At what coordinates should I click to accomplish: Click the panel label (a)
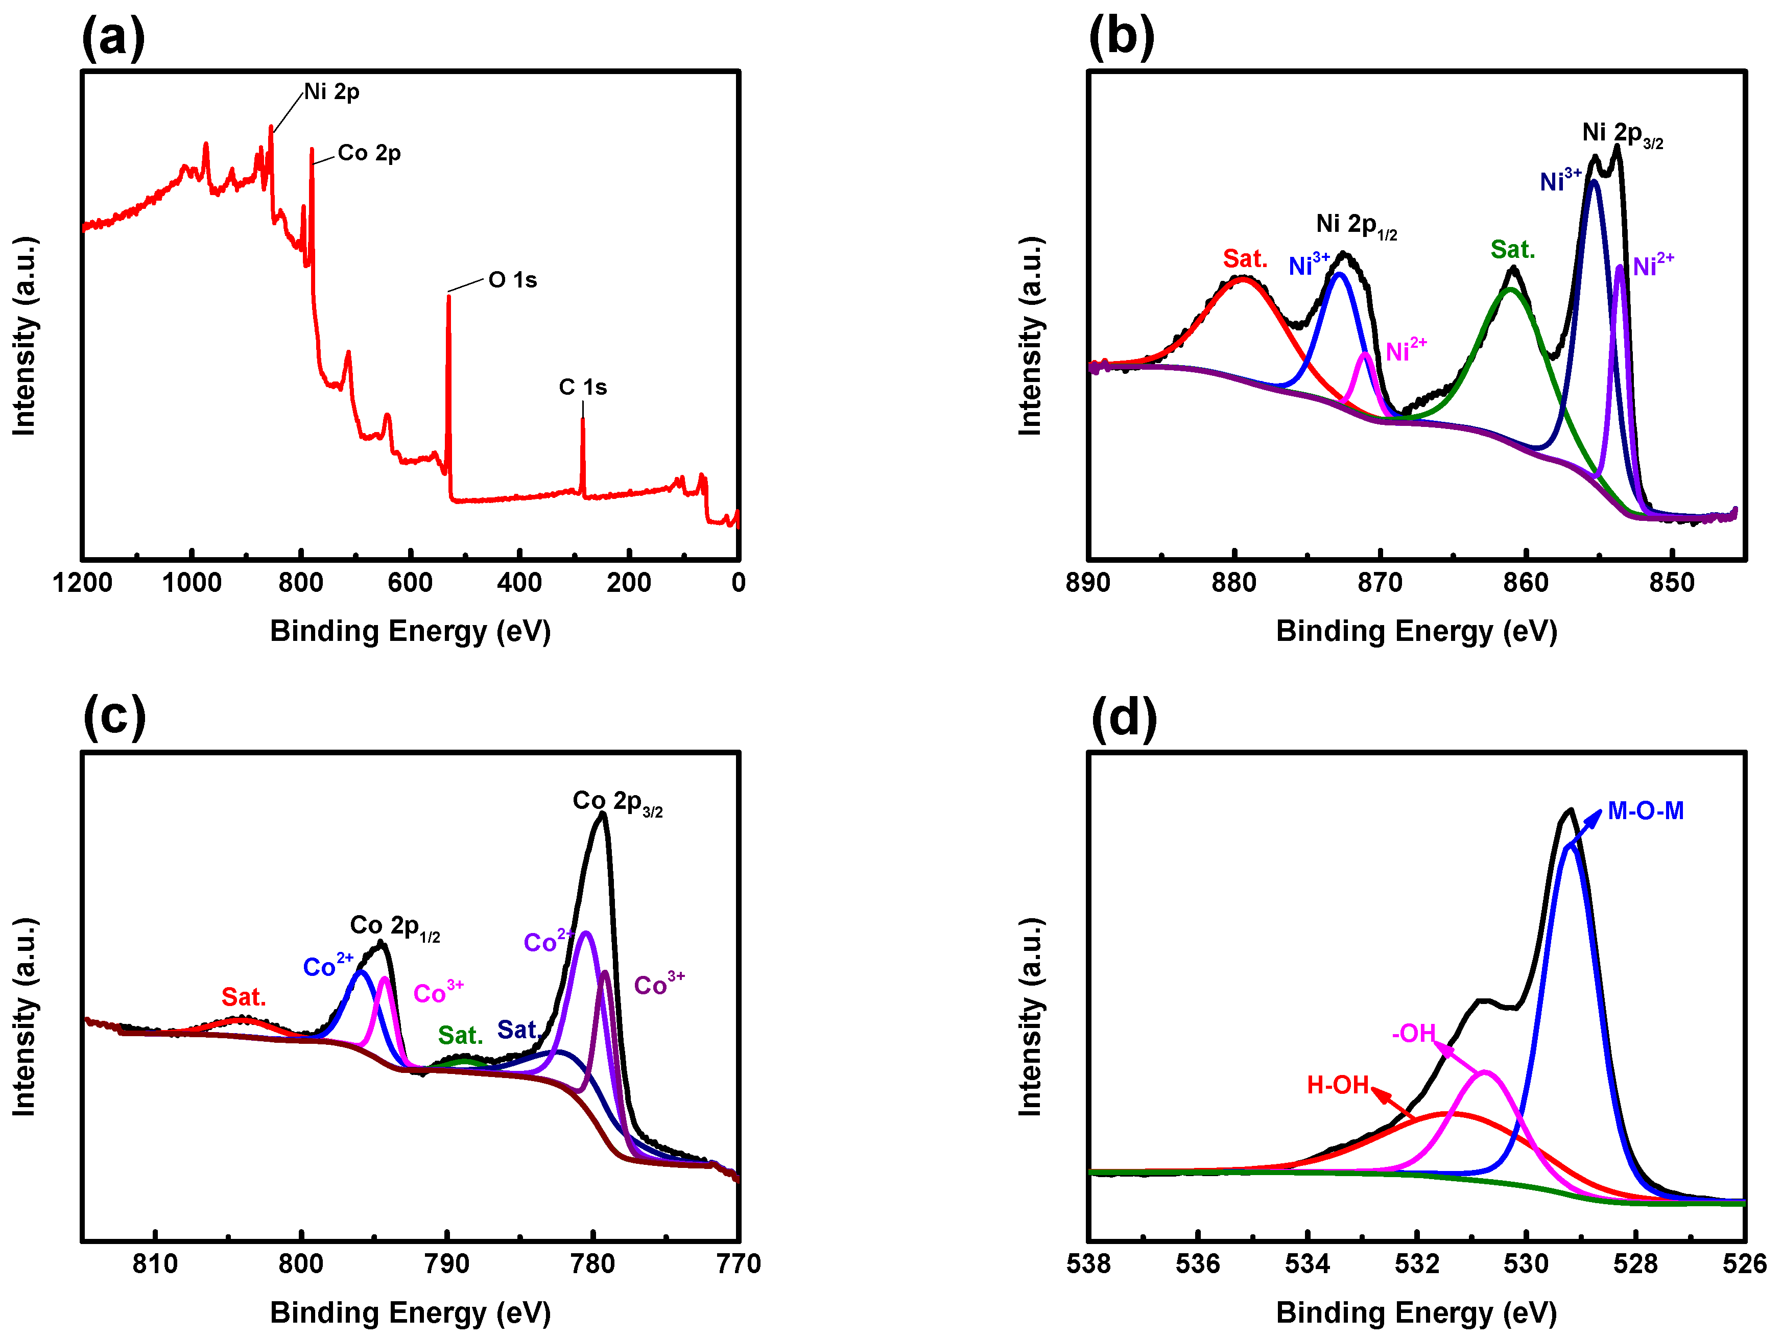pos(113,38)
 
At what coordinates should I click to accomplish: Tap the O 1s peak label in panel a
pos(512,280)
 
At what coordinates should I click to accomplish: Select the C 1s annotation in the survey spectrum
pos(582,388)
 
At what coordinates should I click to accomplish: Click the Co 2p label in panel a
pos(369,153)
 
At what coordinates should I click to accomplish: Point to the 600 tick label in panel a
pos(410,583)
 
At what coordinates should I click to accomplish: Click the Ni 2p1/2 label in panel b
pos(1356,226)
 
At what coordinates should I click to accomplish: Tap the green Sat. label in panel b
pos(1512,250)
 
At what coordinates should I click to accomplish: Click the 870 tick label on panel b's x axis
pos(1380,583)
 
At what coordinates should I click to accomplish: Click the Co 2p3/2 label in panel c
pos(617,802)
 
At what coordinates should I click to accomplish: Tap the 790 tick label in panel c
pos(447,1263)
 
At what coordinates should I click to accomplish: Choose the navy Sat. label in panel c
pos(516,1030)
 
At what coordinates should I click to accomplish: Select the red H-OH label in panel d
pos(1337,1085)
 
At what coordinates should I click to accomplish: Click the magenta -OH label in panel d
pos(1414,1033)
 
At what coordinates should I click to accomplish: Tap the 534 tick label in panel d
pos(1308,1263)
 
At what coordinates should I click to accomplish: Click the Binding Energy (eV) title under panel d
pos(1416,1312)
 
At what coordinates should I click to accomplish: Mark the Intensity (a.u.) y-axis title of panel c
pos(24,1017)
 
